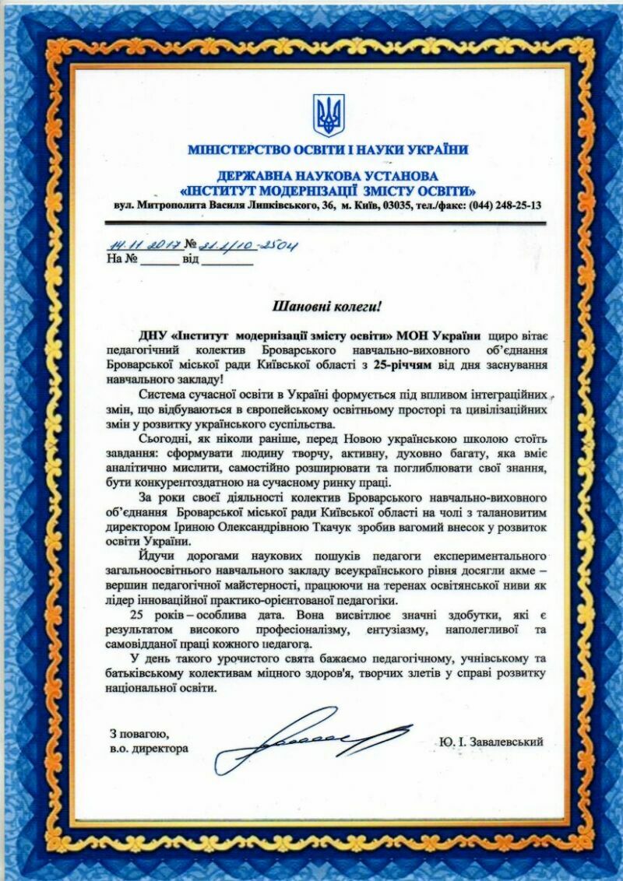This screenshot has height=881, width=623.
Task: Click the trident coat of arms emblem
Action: [328, 115]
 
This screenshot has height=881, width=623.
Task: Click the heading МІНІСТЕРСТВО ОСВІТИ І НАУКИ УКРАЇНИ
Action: [327, 149]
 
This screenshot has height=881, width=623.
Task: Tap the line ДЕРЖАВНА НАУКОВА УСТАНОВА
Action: [327, 177]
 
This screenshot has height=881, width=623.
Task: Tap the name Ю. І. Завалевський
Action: [491, 742]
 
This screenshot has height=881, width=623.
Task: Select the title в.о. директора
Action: [149, 749]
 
